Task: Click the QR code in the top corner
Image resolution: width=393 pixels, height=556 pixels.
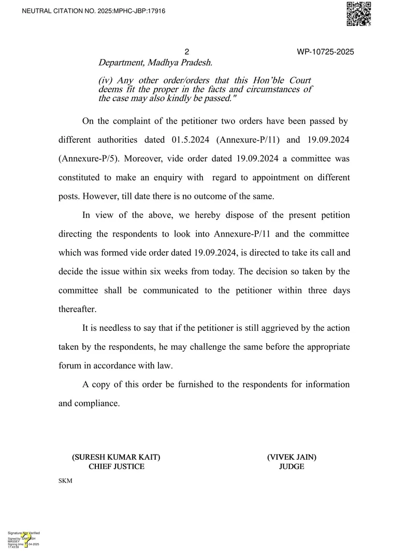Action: pyautogui.click(x=358, y=14)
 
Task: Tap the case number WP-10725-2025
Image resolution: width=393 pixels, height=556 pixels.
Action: pyautogui.click(x=325, y=52)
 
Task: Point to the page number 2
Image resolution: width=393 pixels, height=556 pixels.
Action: pyautogui.click(x=187, y=52)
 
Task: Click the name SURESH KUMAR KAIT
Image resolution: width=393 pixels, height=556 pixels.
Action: pyautogui.click(x=116, y=457)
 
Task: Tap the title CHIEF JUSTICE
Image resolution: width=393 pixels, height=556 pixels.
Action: pyautogui.click(x=116, y=466)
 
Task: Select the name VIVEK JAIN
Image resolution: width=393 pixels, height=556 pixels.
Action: pyautogui.click(x=292, y=457)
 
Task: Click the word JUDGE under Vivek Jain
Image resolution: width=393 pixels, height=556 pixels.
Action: pyautogui.click(x=292, y=466)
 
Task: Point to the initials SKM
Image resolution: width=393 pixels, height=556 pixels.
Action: pyautogui.click(x=65, y=481)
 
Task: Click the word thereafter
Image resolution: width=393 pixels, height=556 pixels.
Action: pyautogui.click(x=78, y=309)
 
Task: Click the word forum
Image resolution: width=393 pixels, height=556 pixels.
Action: pyautogui.click(x=69, y=365)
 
